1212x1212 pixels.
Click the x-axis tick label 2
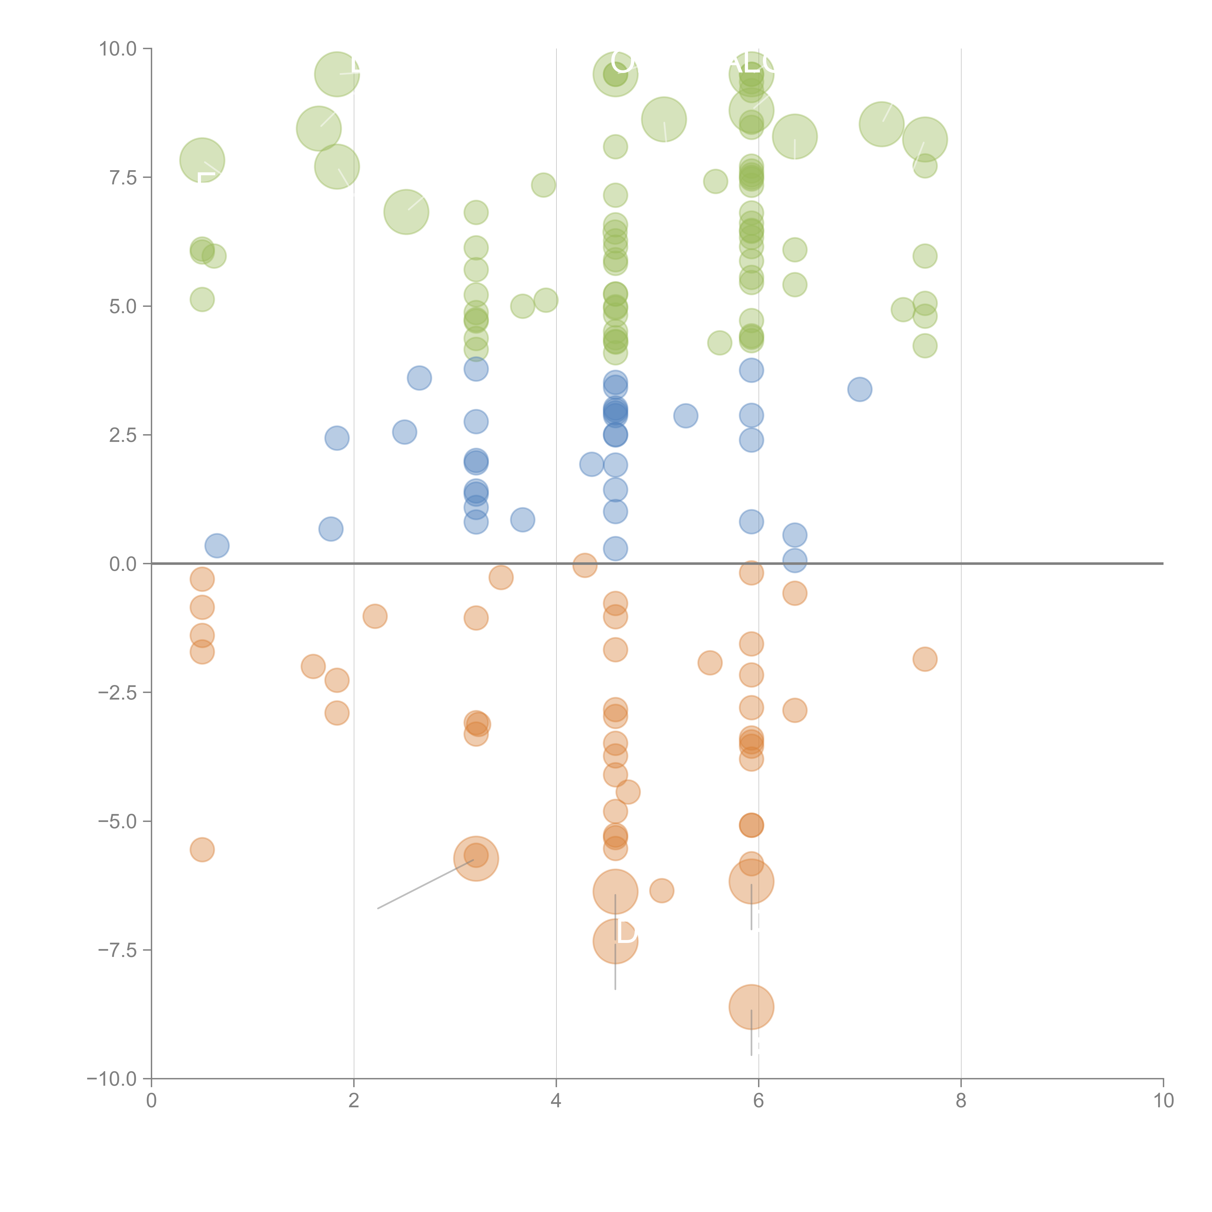354,1101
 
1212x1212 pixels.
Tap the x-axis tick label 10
1163,1101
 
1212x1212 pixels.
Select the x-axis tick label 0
151,1101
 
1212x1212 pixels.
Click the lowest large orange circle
751,1007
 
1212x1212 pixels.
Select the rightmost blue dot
860,389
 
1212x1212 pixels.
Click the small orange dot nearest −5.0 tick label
202,849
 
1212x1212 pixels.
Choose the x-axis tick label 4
556,1101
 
